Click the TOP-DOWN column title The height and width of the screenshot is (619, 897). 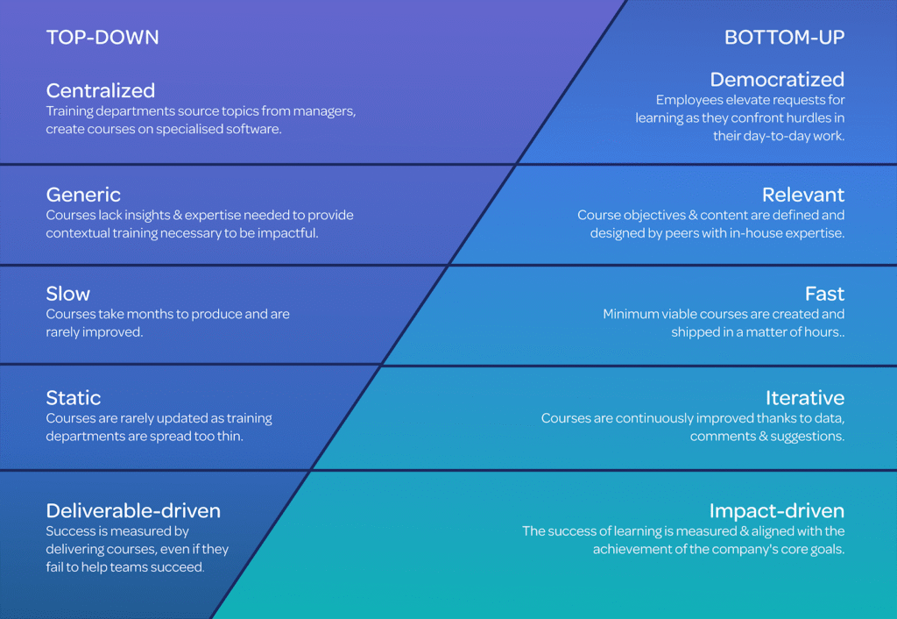102,37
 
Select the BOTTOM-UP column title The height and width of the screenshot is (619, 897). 784,37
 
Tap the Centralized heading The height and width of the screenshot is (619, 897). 101,90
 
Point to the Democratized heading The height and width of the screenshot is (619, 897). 777,80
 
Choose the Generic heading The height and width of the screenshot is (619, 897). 83,195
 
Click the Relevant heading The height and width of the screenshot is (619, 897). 803,195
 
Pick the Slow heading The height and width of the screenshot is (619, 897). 68,294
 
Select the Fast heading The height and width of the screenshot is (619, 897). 824,294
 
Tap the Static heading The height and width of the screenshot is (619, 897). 74,397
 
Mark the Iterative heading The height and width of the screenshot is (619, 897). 805,397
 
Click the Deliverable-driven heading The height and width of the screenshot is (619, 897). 133,510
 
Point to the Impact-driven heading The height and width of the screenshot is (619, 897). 777,511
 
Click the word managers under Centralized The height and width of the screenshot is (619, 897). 324,111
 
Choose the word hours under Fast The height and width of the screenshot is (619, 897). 822,332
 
